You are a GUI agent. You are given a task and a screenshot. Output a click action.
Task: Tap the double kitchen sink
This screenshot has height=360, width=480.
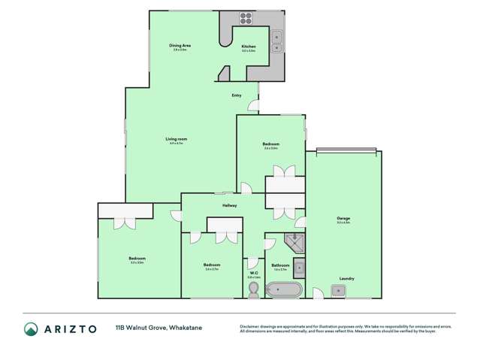point(276,40)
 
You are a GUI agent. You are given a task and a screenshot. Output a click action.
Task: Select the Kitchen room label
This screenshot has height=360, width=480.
point(248,47)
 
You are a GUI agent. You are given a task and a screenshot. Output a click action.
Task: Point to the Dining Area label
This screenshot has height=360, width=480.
point(179,46)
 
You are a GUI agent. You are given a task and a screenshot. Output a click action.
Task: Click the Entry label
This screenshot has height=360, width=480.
point(237,95)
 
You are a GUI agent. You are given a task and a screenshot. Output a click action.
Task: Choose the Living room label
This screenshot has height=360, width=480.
point(176,139)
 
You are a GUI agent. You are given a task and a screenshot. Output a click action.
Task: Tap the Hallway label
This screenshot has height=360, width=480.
point(229,205)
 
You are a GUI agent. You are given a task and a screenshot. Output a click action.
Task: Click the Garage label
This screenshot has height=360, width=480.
point(343,219)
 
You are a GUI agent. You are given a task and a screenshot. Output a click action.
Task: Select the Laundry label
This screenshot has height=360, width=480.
point(346,278)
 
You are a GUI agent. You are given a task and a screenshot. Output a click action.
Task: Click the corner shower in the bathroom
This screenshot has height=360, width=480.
point(294,242)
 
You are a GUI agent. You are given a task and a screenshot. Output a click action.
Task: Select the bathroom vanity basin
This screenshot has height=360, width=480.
point(299,266)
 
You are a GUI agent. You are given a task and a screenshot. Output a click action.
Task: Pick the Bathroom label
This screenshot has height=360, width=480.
point(280,265)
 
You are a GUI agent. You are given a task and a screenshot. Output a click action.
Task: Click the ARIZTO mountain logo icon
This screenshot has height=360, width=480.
point(32,328)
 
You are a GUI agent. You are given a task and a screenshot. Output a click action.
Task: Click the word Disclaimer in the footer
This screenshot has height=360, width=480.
point(251,325)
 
